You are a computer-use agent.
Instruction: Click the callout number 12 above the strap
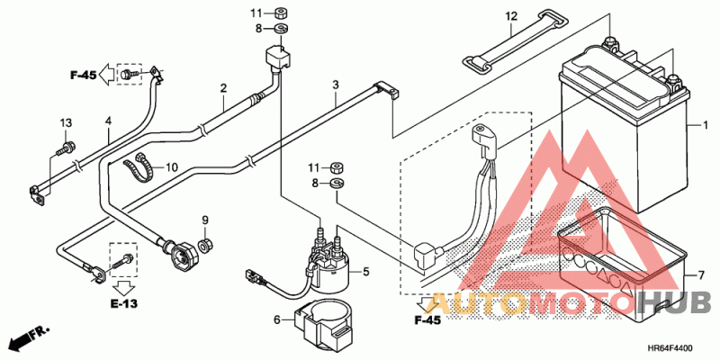tap(511, 17)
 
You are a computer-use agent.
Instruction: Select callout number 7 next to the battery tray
tap(692, 274)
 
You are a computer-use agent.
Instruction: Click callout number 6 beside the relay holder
tap(277, 319)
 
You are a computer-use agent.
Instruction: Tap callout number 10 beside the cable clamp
tap(172, 167)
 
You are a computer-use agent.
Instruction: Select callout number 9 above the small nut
tap(204, 220)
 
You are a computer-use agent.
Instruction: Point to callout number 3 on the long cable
tap(335, 85)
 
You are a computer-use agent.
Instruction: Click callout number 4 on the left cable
tap(108, 121)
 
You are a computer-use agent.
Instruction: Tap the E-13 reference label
tap(125, 304)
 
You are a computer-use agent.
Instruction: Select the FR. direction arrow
tap(28, 338)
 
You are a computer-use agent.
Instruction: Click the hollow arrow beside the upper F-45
tap(106, 72)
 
